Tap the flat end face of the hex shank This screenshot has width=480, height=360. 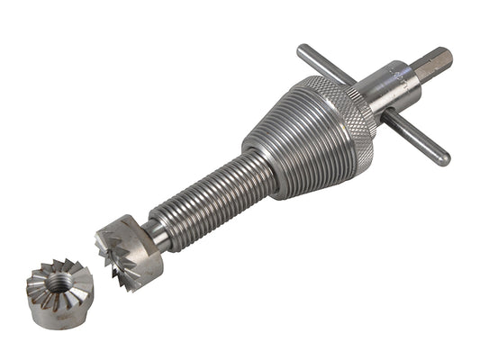(444, 58)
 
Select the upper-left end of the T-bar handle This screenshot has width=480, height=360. (303, 50)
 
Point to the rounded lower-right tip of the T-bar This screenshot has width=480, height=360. (443, 161)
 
